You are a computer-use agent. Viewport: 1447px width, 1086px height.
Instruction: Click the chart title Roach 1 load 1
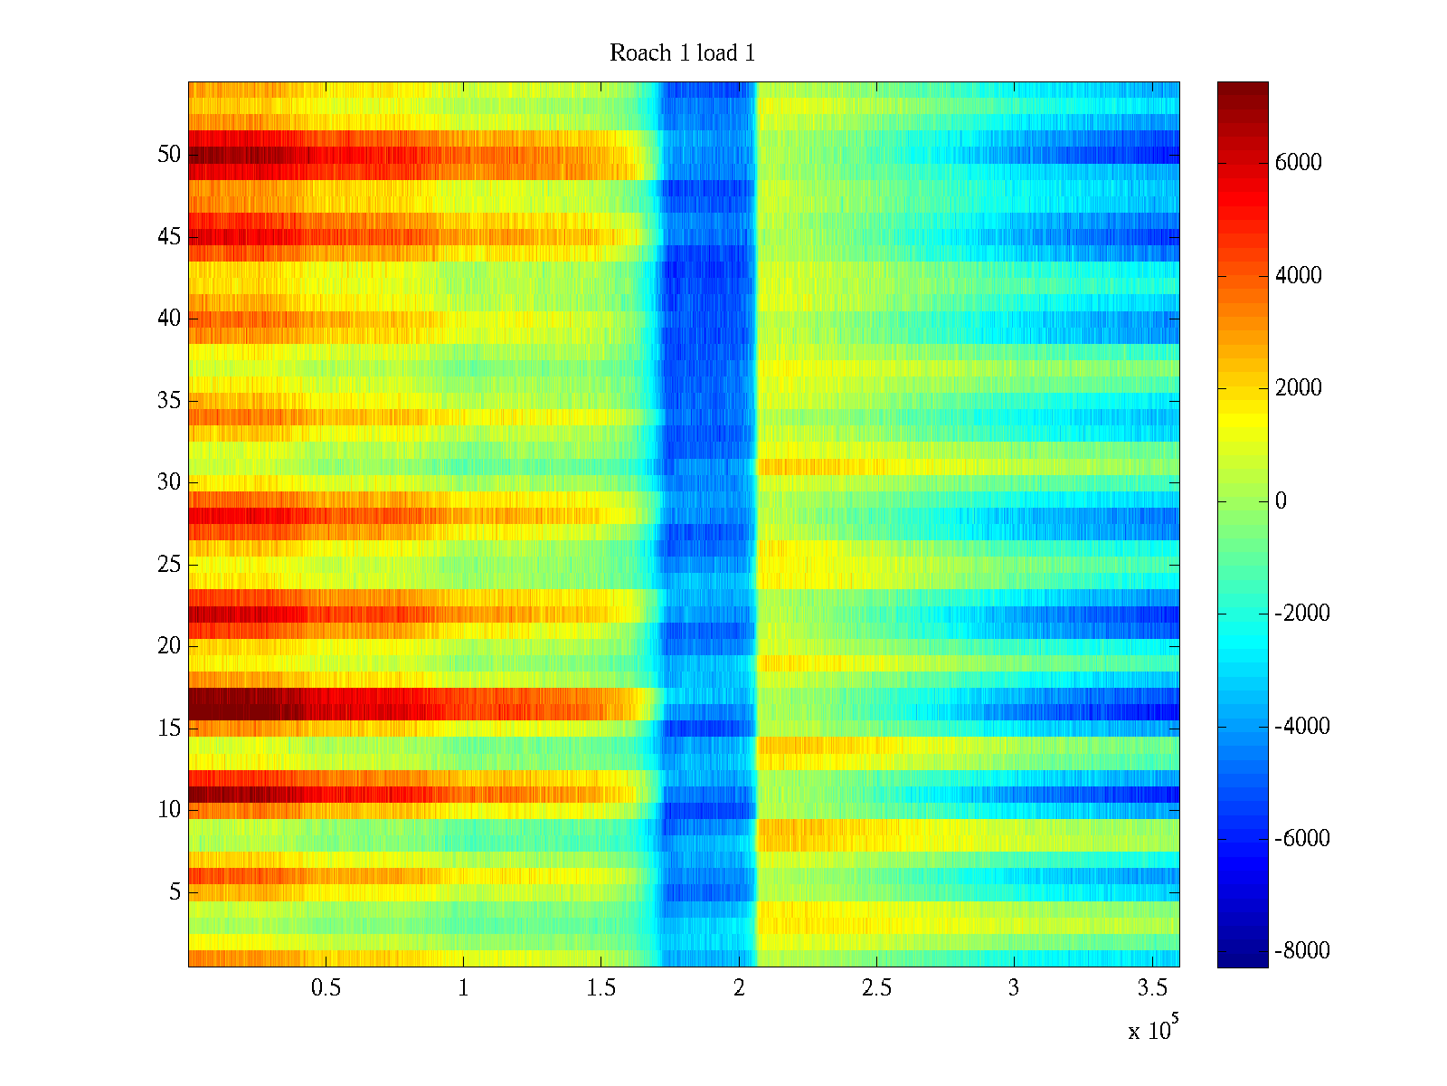point(682,53)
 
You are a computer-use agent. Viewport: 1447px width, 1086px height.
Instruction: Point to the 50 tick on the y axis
point(169,155)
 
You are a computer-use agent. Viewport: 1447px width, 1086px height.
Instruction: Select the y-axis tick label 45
point(169,237)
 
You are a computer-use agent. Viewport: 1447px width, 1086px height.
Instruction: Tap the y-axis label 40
point(169,319)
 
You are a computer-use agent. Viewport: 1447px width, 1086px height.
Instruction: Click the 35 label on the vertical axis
point(169,401)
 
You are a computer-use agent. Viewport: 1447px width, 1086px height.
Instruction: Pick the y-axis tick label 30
point(169,482)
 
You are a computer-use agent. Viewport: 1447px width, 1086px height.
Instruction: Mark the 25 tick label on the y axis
point(169,565)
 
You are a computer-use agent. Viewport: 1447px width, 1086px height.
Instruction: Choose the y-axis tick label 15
point(169,729)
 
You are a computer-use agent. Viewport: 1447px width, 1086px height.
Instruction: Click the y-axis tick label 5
point(175,892)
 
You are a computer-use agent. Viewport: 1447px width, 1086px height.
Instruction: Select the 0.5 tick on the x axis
point(326,988)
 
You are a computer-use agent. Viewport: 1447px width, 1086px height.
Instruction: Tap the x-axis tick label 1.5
point(601,988)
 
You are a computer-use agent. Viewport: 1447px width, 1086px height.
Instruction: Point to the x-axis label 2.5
point(876,988)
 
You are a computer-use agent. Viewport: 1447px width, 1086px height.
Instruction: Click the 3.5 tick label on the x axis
point(1152,988)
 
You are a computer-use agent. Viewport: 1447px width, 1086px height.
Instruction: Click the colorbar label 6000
point(1299,163)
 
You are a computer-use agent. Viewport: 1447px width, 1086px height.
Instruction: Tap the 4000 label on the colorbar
point(1299,276)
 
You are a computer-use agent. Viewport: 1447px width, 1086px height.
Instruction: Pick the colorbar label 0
point(1281,501)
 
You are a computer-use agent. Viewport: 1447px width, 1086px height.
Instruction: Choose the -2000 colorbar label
point(1302,614)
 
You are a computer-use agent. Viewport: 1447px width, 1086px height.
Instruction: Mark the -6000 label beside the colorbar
point(1302,839)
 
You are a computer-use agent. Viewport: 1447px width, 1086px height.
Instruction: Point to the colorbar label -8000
point(1302,951)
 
